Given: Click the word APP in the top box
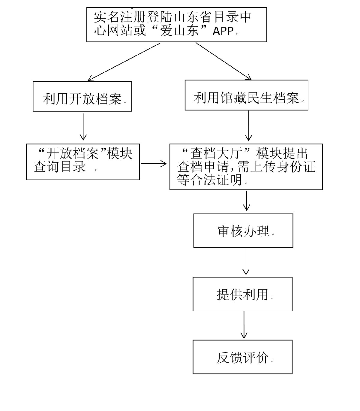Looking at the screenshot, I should [x=223, y=31].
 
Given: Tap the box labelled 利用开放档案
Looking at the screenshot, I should [x=82, y=97].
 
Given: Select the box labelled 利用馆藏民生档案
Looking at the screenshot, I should [x=246, y=95].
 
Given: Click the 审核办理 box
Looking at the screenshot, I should [x=243, y=231].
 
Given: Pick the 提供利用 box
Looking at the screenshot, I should [x=242, y=294].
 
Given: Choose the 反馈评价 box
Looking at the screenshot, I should [x=242, y=357].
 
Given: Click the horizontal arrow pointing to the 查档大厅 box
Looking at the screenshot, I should [x=154, y=164].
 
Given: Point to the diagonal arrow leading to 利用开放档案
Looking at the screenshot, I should [x=124, y=62].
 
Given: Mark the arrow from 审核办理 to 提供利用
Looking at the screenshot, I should [x=246, y=261].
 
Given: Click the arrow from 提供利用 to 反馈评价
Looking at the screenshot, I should [x=244, y=325].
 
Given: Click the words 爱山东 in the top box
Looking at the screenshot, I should [x=179, y=31].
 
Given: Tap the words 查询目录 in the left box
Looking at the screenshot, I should [x=60, y=167].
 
